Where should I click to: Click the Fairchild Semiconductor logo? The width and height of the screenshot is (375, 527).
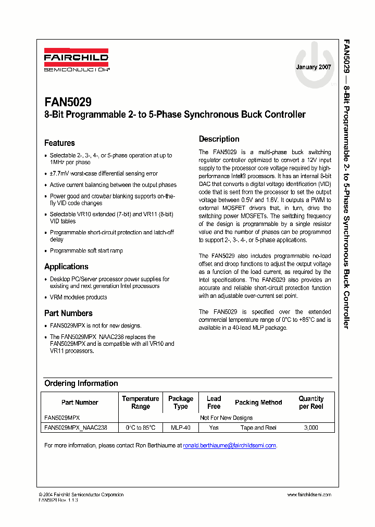point(76,61)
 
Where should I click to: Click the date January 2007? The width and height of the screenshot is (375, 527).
point(314,67)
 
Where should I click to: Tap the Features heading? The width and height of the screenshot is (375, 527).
point(59,143)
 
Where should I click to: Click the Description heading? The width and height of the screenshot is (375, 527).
point(219,139)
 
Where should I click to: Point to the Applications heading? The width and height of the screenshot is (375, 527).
point(66,267)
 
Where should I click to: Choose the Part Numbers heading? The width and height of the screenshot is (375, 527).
point(68,313)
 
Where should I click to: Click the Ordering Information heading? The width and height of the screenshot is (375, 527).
point(81,383)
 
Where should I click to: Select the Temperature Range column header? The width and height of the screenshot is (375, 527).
point(141,403)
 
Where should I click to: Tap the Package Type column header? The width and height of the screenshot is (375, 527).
point(181,403)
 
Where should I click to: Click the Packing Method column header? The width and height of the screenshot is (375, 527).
point(258,403)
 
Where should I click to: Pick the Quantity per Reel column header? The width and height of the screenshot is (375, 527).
point(311,403)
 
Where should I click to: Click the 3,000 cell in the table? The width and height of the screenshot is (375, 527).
point(311,428)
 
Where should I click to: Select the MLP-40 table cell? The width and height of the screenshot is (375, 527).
point(181,428)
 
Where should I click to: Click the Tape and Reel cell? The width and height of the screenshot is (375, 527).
point(258,428)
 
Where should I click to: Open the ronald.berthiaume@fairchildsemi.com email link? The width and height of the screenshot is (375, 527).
point(229,446)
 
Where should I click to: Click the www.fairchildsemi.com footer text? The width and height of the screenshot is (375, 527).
point(309,495)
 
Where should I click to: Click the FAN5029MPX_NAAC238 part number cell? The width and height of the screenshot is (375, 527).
point(76,428)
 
